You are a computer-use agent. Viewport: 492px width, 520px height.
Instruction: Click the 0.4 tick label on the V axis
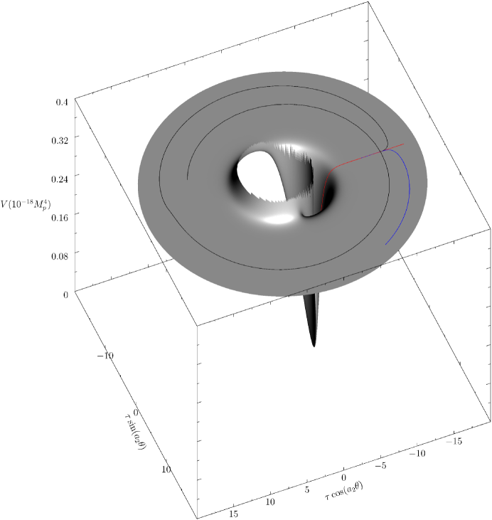click(x=62, y=102)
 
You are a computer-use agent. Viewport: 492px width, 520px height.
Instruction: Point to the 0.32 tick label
click(x=60, y=140)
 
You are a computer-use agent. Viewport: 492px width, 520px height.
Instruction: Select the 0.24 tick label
click(x=60, y=179)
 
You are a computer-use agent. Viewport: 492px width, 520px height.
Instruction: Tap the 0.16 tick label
click(x=60, y=218)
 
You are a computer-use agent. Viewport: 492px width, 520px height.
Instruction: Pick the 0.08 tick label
click(x=60, y=256)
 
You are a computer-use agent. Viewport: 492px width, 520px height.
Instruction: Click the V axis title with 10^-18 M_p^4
click(x=26, y=204)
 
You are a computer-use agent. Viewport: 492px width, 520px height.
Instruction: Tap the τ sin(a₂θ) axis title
click(x=135, y=431)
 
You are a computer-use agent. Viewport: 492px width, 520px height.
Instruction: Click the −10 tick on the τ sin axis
click(x=106, y=356)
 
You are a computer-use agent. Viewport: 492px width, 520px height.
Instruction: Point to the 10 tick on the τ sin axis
click(x=166, y=469)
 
